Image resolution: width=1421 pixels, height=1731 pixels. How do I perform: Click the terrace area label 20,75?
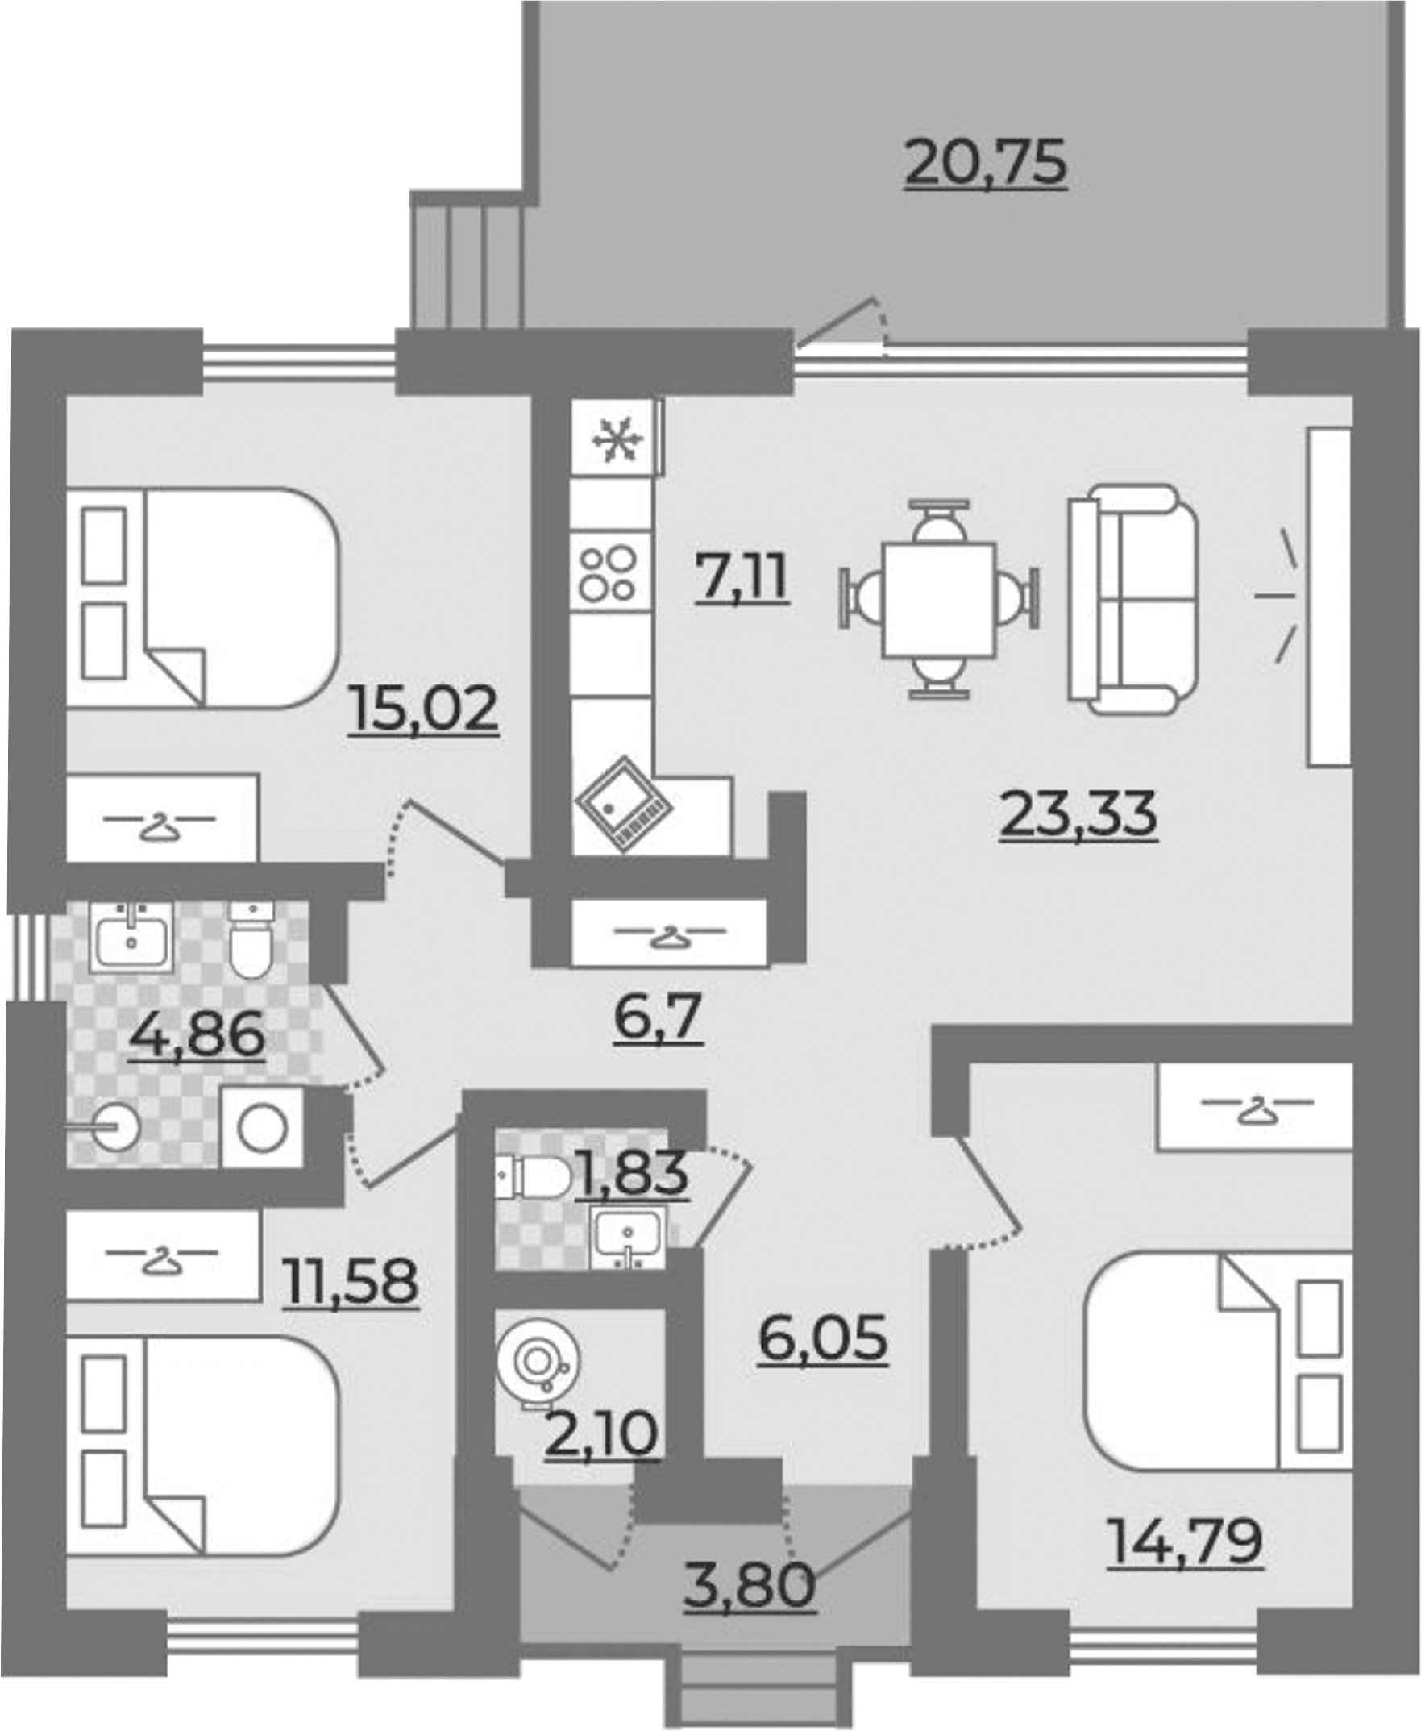click(x=986, y=164)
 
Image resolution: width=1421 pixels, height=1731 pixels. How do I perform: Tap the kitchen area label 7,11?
click(x=742, y=577)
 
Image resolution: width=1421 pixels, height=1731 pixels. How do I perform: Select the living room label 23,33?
click(x=1078, y=815)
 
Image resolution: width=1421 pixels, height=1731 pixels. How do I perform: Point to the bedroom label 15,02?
click(x=423, y=709)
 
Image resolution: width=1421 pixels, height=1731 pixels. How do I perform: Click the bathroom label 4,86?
click(x=197, y=1035)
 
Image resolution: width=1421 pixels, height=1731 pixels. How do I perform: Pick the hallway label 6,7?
click(x=659, y=1017)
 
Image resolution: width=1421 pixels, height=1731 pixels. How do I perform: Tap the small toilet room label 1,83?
click(x=632, y=1173)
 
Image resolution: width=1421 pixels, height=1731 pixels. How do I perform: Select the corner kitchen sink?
click(x=624, y=803)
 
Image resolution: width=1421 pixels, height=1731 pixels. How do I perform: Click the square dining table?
click(x=939, y=599)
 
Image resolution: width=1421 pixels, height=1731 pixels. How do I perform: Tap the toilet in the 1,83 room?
click(x=532, y=1178)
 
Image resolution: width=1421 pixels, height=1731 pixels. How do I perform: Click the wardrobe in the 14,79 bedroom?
click(x=1253, y=1105)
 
